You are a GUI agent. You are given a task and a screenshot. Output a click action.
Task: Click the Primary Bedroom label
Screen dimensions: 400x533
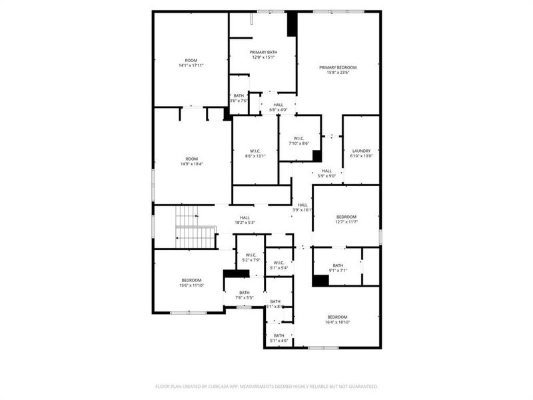click(x=338, y=67)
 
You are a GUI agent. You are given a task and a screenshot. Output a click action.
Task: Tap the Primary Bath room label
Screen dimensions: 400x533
click(x=263, y=52)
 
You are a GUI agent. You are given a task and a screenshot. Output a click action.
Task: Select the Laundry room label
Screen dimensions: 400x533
click(x=361, y=151)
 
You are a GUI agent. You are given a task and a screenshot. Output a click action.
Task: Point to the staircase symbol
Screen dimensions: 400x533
click(x=196, y=226)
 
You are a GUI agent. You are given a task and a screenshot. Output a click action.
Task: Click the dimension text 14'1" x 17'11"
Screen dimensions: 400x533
click(x=191, y=65)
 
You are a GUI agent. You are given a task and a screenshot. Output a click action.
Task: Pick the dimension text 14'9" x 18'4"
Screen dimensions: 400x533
click(x=191, y=163)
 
